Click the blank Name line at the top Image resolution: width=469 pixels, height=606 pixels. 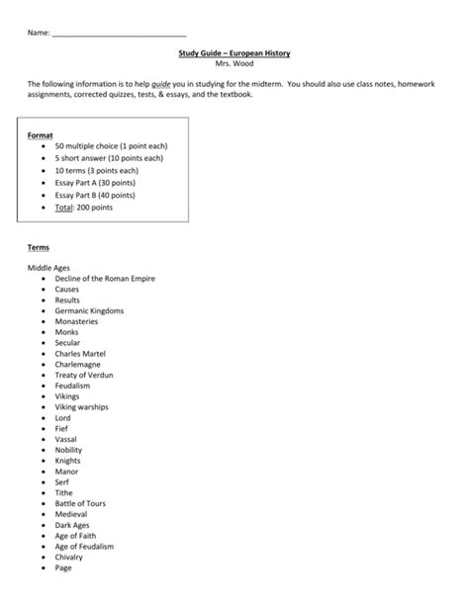point(118,34)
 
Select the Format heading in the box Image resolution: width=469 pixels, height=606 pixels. point(41,134)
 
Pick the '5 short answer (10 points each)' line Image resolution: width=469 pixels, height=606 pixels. point(110,158)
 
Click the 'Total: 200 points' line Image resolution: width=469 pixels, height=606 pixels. point(84,208)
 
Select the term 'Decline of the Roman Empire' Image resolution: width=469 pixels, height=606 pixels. point(105,279)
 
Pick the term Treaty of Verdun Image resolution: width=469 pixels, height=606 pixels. point(85,375)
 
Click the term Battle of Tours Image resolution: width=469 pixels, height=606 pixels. point(80,503)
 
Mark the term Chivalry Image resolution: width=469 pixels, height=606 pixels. point(71,557)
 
